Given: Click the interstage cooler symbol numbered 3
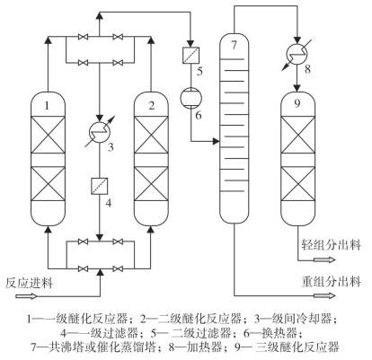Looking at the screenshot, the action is pos(100,131).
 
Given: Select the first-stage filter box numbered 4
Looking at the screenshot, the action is pos(100,186).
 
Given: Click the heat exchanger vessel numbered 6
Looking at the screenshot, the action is pos(190,98).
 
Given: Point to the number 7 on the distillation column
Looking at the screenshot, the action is pos(234,45).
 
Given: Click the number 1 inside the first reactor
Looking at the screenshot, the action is pos(47,106).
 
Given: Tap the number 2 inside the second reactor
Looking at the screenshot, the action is pos(152,106).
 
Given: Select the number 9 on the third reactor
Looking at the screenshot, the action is pos(297,104).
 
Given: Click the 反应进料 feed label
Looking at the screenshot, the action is pos(29,283).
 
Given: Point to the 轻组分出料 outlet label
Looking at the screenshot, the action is pos(331,245).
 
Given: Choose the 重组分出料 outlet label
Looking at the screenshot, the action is pos(331,282).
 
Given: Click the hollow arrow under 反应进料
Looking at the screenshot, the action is pos(26,296).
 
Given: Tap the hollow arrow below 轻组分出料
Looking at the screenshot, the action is pos(324,259).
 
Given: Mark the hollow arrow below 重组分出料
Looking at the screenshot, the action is pos(324,296).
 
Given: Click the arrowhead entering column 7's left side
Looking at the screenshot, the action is pos(217,141).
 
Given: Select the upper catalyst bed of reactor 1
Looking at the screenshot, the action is pos(49,135).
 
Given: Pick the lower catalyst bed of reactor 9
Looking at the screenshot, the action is pos(298,183).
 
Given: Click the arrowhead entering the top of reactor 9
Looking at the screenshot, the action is pos(297,88).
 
